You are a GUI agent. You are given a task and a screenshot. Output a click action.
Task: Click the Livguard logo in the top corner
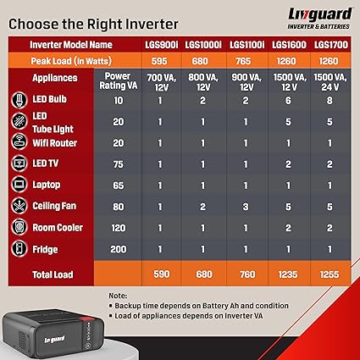tap(319, 19)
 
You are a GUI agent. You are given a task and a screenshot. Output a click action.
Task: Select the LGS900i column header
tap(162, 45)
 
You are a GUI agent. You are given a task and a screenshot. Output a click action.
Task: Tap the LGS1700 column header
tap(331, 45)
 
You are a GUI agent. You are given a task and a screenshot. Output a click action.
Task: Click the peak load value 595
tap(159, 61)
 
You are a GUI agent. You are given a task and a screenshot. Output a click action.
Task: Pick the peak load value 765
tap(243, 61)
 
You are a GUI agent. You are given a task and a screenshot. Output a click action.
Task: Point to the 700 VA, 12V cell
tap(162, 83)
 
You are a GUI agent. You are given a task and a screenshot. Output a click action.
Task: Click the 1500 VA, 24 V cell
tap(330, 83)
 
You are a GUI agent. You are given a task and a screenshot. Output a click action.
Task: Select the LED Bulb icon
tap(19, 100)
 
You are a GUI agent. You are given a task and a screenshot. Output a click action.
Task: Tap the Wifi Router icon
tap(19, 141)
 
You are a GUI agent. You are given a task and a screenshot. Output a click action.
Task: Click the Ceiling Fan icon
tap(19, 205)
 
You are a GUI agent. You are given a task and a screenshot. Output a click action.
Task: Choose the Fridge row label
tap(45, 249)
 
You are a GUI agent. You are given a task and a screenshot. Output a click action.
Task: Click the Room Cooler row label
tap(58, 228)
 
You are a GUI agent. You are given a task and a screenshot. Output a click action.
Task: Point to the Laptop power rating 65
tap(119, 186)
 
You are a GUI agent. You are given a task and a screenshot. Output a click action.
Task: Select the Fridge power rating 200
tap(119, 249)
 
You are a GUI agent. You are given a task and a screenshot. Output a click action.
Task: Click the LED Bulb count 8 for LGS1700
tap(330, 101)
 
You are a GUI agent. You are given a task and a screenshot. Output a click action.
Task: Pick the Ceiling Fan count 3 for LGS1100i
tap(246, 207)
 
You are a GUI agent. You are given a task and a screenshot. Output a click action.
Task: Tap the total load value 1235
tap(288, 274)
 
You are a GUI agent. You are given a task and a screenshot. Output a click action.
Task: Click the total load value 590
tap(162, 274)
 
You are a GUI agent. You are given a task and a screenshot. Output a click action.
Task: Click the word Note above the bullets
tap(118, 296)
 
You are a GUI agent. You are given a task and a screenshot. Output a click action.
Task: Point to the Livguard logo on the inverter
tap(54, 339)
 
